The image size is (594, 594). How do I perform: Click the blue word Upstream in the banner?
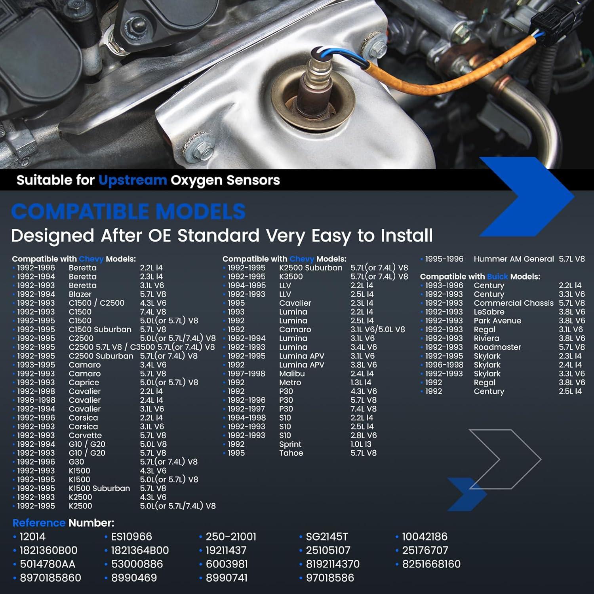(132, 181)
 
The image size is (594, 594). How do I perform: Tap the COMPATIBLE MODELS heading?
(128, 211)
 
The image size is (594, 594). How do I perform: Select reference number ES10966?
(131, 537)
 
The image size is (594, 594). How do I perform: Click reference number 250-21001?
(230, 537)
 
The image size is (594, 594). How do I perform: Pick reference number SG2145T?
(327, 537)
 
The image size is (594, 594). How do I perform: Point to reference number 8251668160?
(431, 564)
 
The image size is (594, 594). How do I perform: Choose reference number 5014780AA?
(48, 564)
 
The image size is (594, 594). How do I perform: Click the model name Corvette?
(85, 435)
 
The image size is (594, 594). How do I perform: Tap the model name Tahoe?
(291, 453)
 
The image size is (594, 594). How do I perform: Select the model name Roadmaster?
(497, 347)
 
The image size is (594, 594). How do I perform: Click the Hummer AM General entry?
(514, 259)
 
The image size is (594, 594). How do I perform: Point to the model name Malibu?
(292, 373)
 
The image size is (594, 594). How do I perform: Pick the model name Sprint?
(290, 444)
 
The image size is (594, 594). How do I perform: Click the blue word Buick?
(497, 276)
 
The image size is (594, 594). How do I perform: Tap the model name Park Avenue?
(497, 321)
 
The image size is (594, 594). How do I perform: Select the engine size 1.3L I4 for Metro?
(361, 383)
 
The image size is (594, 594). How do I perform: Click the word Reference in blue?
(39, 523)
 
